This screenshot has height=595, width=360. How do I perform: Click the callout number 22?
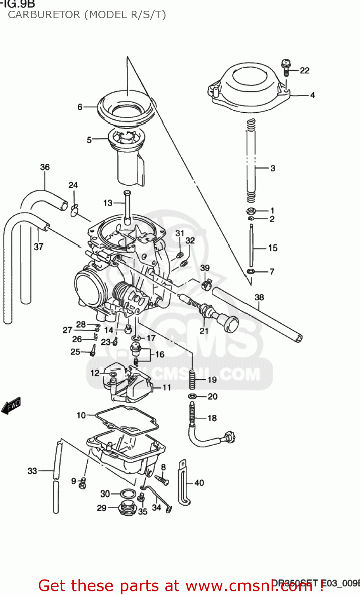(x=304, y=71)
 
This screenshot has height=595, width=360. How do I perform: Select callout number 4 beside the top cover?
(x=312, y=95)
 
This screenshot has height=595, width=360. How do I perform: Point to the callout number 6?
(x=80, y=107)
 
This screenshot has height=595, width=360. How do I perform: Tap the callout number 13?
(x=108, y=203)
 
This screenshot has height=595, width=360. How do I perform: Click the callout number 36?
(x=45, y=167)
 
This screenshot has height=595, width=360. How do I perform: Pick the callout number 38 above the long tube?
(x=259, y=297)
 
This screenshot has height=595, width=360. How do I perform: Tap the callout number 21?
(x=204, y=331)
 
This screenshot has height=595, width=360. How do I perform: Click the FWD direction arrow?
(x=11, y=406)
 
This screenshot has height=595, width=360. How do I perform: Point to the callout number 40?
(x=199, y=483)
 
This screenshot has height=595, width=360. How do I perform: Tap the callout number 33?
(x=32, y=471)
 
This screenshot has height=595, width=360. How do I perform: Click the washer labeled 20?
(x=192, y=396)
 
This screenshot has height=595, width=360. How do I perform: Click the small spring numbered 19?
(x=192, y=380)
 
